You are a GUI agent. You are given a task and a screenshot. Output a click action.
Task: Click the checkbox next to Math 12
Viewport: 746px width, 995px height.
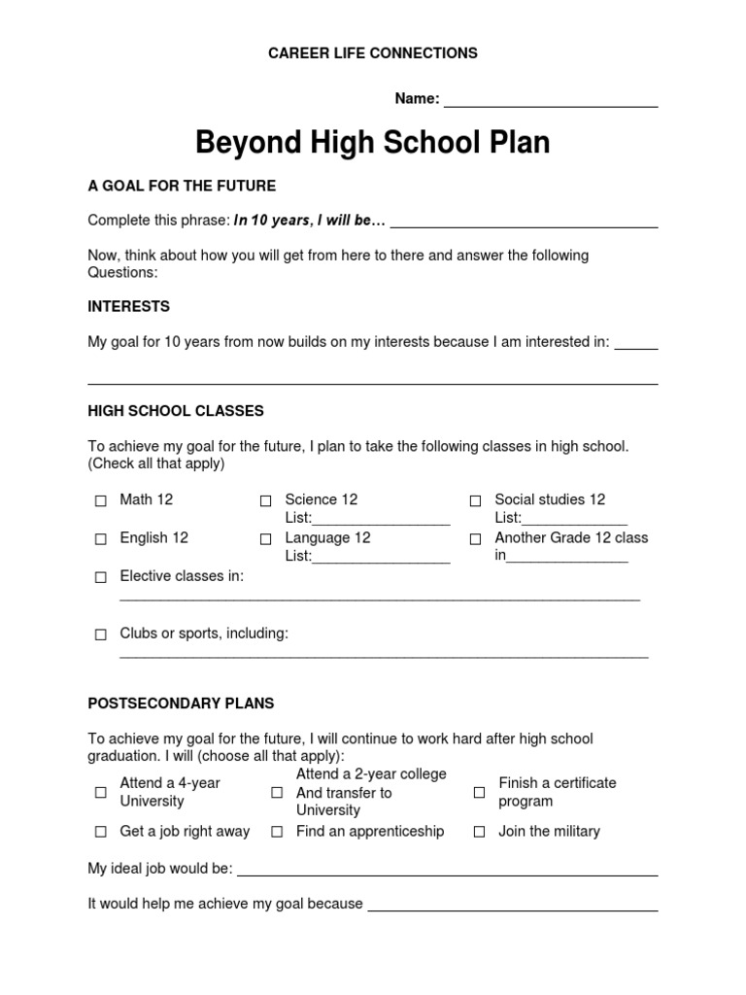(101, 501)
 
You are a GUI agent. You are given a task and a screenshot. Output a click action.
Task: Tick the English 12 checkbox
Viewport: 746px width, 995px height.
(101, 539)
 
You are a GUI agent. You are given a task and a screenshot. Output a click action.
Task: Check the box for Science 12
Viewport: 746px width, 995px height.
(265, 501)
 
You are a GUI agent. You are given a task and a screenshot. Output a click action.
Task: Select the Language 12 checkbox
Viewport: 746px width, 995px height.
(265, 539)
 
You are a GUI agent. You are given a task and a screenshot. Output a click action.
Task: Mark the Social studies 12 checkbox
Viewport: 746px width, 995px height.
(475, 501)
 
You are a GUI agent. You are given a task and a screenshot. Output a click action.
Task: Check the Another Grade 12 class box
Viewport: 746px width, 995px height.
(475, 539)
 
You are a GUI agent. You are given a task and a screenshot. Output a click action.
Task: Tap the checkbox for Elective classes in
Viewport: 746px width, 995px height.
(101, 578)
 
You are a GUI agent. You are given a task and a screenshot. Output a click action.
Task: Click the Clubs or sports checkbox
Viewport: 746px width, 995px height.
(101, 635)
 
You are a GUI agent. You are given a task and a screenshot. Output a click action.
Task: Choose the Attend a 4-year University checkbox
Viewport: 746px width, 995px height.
(101, 793)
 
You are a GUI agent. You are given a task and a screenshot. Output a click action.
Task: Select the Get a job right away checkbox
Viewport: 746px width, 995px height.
(101, 833)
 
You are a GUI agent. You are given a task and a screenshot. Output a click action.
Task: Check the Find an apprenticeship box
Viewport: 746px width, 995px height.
(277, 833)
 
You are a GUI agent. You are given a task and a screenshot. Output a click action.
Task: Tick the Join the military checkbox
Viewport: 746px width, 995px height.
(479, 833)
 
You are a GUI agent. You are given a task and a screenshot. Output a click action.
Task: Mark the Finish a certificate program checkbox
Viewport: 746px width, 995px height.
(479, 793)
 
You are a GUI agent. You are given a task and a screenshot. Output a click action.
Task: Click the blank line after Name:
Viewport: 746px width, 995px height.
(551, 100)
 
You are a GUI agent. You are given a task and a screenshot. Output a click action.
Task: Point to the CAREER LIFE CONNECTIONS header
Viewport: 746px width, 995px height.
(373, 53)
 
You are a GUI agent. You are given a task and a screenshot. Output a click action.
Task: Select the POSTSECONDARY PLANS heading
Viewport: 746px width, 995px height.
(181, 703)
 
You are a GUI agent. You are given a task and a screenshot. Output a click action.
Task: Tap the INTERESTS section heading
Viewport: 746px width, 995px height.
(128, 307)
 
